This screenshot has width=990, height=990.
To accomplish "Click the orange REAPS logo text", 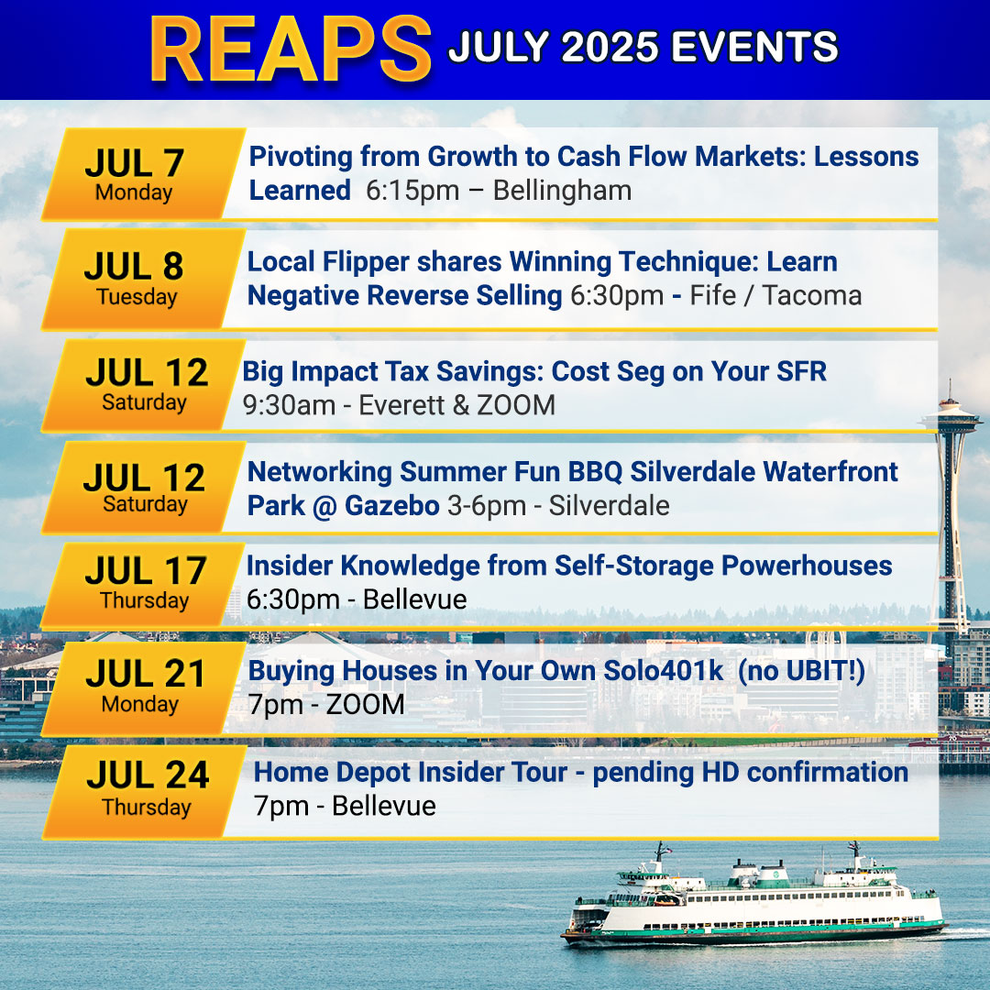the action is coord(291,49).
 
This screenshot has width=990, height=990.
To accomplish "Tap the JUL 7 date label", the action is coord(135,163).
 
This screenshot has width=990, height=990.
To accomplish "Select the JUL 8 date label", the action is coord(134,266).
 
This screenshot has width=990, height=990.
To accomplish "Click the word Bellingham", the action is coord(562,191).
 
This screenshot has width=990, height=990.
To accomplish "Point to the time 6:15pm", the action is coord(412,191).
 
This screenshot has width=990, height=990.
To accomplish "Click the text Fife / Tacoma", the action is coord(775,295).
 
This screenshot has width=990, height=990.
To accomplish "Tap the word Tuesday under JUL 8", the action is coord(137,297).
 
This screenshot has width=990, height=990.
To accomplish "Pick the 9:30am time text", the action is coord(289,405).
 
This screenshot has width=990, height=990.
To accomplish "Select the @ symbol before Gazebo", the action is coord(325,506).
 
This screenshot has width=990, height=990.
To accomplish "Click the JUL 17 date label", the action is coord(146,571).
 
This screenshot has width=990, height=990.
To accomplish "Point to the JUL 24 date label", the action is coord(148,775).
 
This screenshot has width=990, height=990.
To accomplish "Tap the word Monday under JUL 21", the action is coord(139,704).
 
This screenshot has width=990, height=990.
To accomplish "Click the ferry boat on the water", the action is coord(754,897).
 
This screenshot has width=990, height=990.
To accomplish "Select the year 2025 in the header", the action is coord(610,48).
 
